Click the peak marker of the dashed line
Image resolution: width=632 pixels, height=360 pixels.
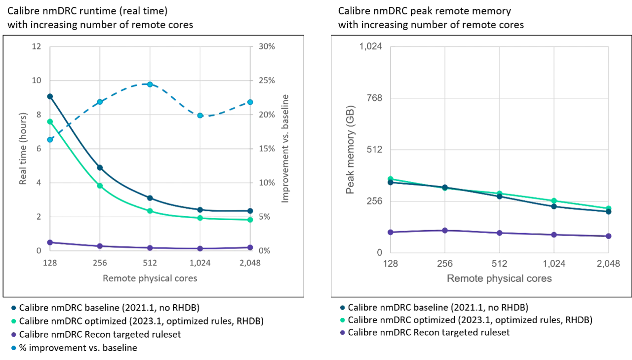pos(150,84)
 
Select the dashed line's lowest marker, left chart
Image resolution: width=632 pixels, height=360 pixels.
pos(50,140)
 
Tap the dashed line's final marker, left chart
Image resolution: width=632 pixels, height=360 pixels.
pos(250,102)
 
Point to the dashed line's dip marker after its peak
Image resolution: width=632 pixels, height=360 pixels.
pos(200,116)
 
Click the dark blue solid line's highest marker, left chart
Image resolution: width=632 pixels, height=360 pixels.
pos(50,96)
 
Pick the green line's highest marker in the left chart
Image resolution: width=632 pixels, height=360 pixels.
pos(50,121)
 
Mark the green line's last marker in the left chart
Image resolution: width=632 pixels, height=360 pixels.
pos(250,220)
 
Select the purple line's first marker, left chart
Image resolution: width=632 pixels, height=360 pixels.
pos(50,242)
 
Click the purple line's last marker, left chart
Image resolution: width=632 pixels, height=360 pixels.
pos(250,247)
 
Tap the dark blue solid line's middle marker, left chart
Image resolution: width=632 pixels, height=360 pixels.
pos(150,198)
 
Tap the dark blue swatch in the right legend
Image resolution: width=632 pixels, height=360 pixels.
pos(343,308)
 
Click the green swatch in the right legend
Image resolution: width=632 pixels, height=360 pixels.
pos(343,320)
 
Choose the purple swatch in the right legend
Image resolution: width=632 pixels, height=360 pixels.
pos(343,332)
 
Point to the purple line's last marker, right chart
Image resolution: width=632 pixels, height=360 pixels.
pos(609,236)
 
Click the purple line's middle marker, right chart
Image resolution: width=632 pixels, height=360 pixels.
pos(500,233)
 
